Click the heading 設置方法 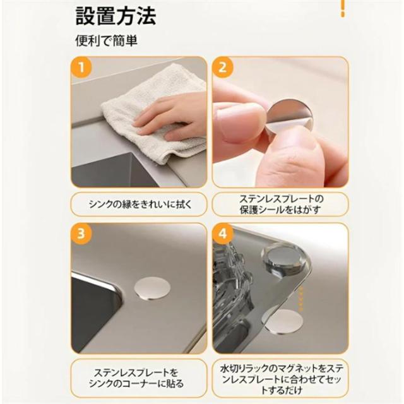pyautogui.click(x=116, y=16)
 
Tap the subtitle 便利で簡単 pyautogui.click(x=106, y=40)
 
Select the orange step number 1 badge pyautogui.click(x=81, y=68)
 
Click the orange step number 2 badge pyautogui.click(x=223, y=68)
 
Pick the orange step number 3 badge pyautogui.click(x=81, y=234)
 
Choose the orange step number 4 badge pyautogui.click(x=223, y=234)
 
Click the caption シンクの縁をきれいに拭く pyautogui.click(x=140, y=205)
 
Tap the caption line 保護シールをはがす pyautogui.click(x=280, y=210)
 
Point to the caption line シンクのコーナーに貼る pyautogui.click(x=136, y=383)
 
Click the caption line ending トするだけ pyautogui.click(x=282, y=390)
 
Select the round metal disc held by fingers pyautogui.click(x=290, y=116)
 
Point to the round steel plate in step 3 pyautogui.click(x=153, y=288)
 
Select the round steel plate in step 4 pyautogui.click(x=283, y=321)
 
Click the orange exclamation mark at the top pyautogui.click(x=343, y=8)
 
